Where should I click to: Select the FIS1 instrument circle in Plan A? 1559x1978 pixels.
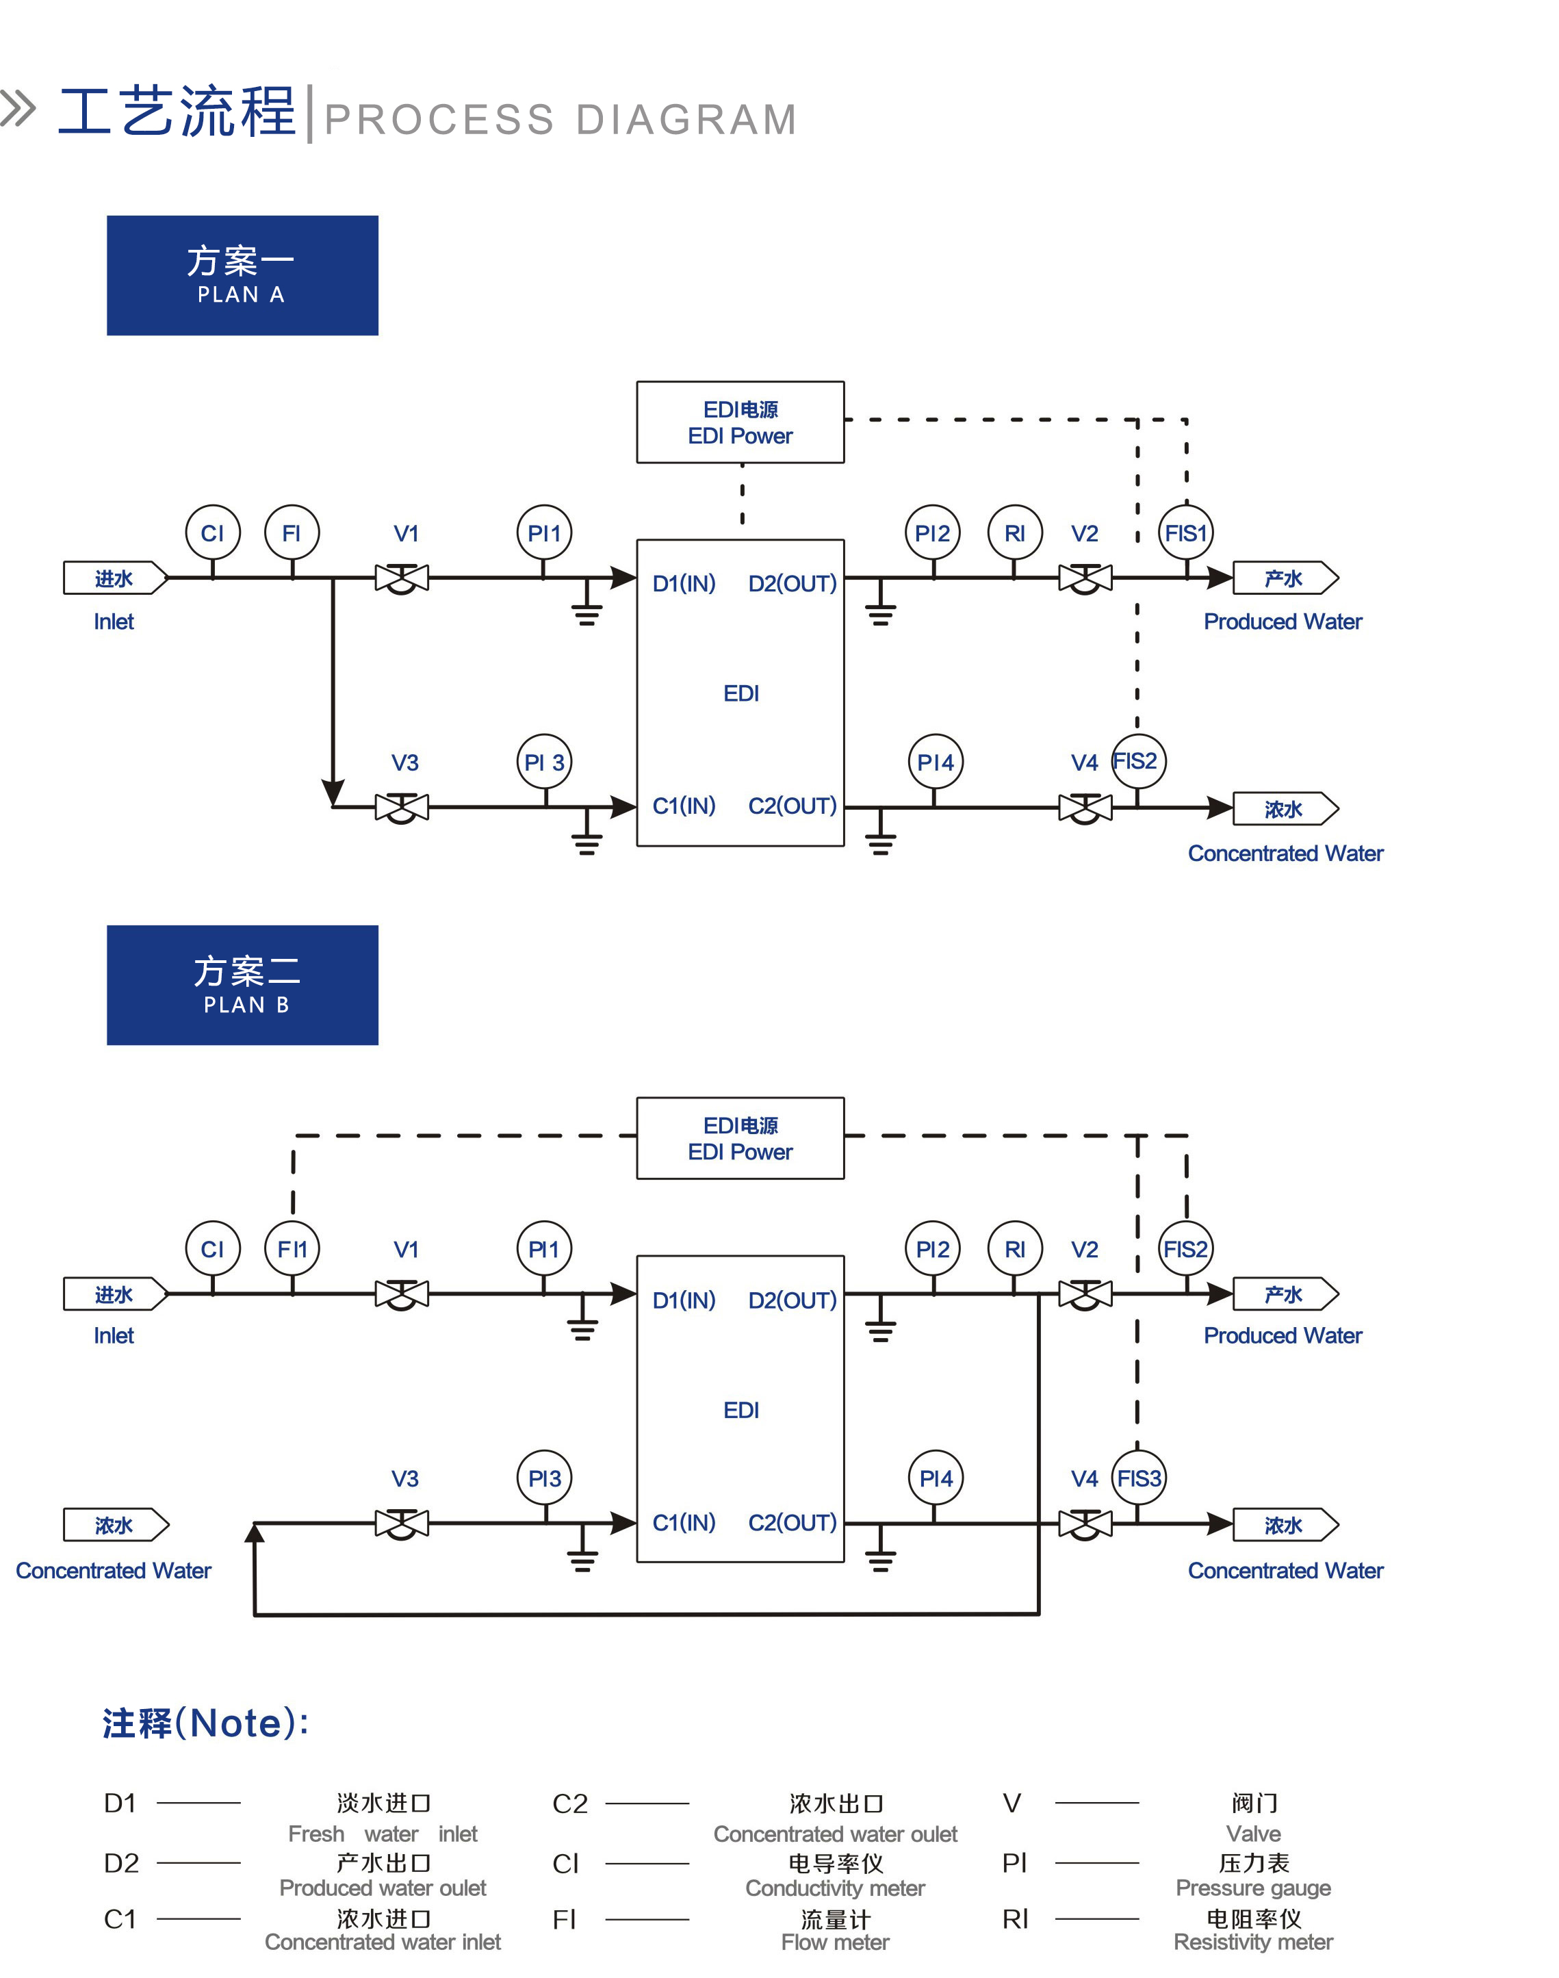pyautogui.click(x=1186, y=533)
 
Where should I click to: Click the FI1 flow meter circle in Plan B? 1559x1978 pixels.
pyautogui.click(x=292, y=1248)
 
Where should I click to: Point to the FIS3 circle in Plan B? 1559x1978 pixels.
pyautogui.click(x=1138, y=1478)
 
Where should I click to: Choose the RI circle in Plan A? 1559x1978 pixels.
pyautogui.click(x=1014, y=533)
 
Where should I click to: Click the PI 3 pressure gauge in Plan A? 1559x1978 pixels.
pyautogui.click(x=544, y=762)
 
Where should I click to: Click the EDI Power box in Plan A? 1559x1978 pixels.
pyautogui.click(x=740, y=422)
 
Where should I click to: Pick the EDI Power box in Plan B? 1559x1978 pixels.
pyautogui.click(x=740, y=1138)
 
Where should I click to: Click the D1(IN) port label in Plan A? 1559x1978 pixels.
pyautogui.click(x=684, y=583)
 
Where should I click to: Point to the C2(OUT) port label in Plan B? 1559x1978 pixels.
pyautogui.click(x=793, y=1523)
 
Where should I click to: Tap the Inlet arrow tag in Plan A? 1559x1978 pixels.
pyautogui.click(x=115, y=578)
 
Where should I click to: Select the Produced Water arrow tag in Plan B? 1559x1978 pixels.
pyautogui.click(x=1285, y=1294)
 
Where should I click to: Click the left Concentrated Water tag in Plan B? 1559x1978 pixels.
pyautogui.click(x=115, y=1524)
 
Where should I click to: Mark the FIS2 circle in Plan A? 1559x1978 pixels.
pyautogui.click(x=1137, y=761)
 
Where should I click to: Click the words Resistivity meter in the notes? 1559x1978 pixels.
pyautogui.click(x=1252, y=1942)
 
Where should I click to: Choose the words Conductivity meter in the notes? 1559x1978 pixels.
pyautogui.click(x=834, y=1888)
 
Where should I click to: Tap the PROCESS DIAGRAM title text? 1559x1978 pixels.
pyautogui.click(x=561, y=120)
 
